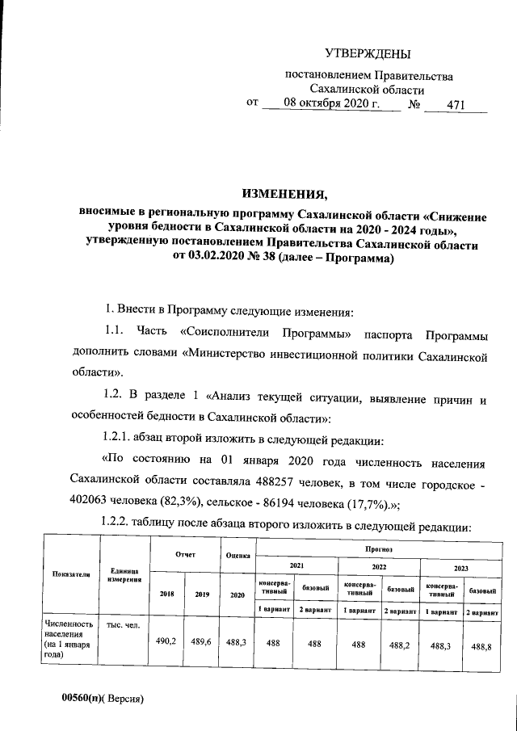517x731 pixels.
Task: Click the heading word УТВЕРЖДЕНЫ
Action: pyautogui.click(x=368, y=54)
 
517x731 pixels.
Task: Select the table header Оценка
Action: pyautogui.click(x=237, y=556)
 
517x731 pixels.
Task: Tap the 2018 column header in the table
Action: pyautogui.click(x=166, y=594)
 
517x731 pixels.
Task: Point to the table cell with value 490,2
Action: pyautogui.click(x=166, y=641)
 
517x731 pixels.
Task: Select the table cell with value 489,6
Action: pyautogui.click(x=200, y=641)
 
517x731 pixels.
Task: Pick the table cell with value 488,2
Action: pyautogui.click(x=399, y=645)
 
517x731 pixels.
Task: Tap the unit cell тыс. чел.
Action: pyautogui.click(x=117, y=624)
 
